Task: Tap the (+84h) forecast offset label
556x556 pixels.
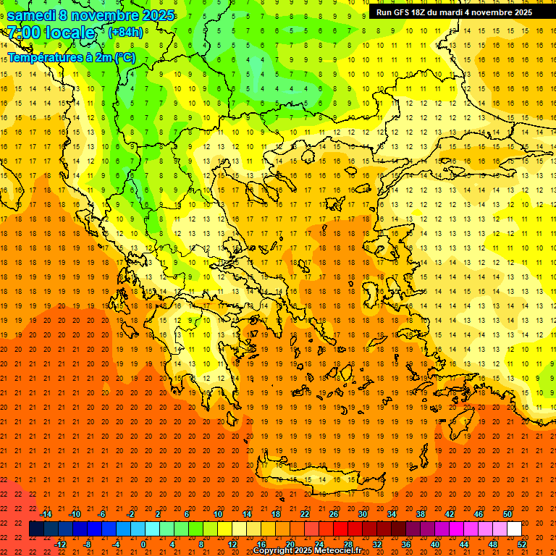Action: (x=125, y=32)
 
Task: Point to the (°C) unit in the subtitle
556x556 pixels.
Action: (x=124, y=56)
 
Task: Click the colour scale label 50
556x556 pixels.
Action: (x=507, y=514)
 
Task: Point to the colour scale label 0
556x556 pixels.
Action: (x=143, y=544)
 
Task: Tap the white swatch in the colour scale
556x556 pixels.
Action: (x=515, y=529)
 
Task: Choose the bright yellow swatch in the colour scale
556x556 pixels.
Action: (x=225, y=529)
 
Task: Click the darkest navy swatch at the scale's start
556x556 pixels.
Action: (x=36, y=529)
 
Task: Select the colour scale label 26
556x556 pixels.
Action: (x=334, y=514)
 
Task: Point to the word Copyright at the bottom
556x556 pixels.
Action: (x=273, y=551)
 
